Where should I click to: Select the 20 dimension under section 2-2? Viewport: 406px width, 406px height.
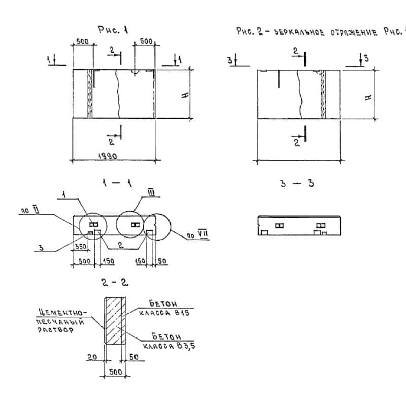(91, 357)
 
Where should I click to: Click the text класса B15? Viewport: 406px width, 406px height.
(170, 314)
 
